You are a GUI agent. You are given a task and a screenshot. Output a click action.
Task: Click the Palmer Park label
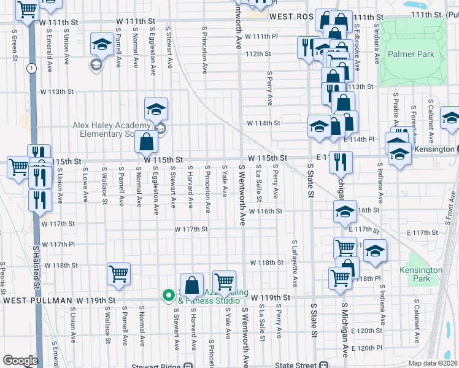411,54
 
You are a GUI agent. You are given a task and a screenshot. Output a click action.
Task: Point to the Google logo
20,360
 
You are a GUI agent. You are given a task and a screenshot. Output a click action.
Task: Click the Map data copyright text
433,363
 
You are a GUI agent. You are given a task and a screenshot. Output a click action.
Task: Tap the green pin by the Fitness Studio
168,296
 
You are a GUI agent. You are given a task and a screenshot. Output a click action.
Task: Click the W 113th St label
56,91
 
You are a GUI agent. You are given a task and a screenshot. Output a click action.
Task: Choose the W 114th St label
263,123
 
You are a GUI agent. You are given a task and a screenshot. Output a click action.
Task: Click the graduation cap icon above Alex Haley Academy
156,109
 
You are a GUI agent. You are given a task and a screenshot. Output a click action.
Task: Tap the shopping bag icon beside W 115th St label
147,142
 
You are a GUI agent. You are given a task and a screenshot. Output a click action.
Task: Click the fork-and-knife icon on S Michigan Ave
340,162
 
